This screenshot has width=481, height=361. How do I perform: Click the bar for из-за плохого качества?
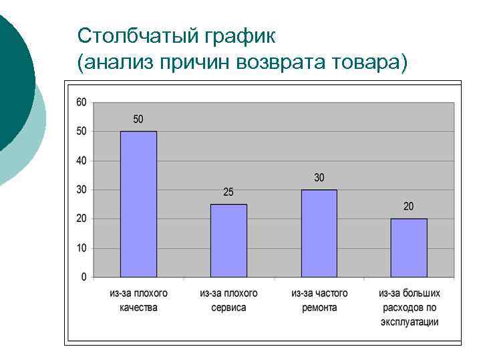point(138,204)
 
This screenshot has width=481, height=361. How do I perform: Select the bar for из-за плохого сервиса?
point(228,241)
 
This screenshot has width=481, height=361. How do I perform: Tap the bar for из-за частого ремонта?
point(319,233)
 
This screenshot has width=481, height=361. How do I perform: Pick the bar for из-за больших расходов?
point(409,248)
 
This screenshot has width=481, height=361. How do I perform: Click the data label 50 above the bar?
point(138,119)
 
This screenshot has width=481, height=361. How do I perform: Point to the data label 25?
point(228,192)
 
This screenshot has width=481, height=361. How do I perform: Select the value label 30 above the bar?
point(319,177)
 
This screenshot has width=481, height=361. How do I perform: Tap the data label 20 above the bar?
point(409,207)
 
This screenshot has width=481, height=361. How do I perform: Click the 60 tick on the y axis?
point(81,102)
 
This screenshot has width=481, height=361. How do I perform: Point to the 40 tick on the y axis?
point(81,160)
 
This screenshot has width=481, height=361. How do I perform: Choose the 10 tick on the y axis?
point(81,248)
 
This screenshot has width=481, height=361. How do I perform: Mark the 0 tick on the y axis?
point(84,277)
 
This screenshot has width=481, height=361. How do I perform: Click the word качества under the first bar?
point(138,308)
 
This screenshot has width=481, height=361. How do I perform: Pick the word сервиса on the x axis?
point(228,308)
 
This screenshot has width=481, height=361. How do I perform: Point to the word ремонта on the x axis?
point(319,308)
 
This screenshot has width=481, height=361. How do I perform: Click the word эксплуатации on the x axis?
point(409,322)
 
